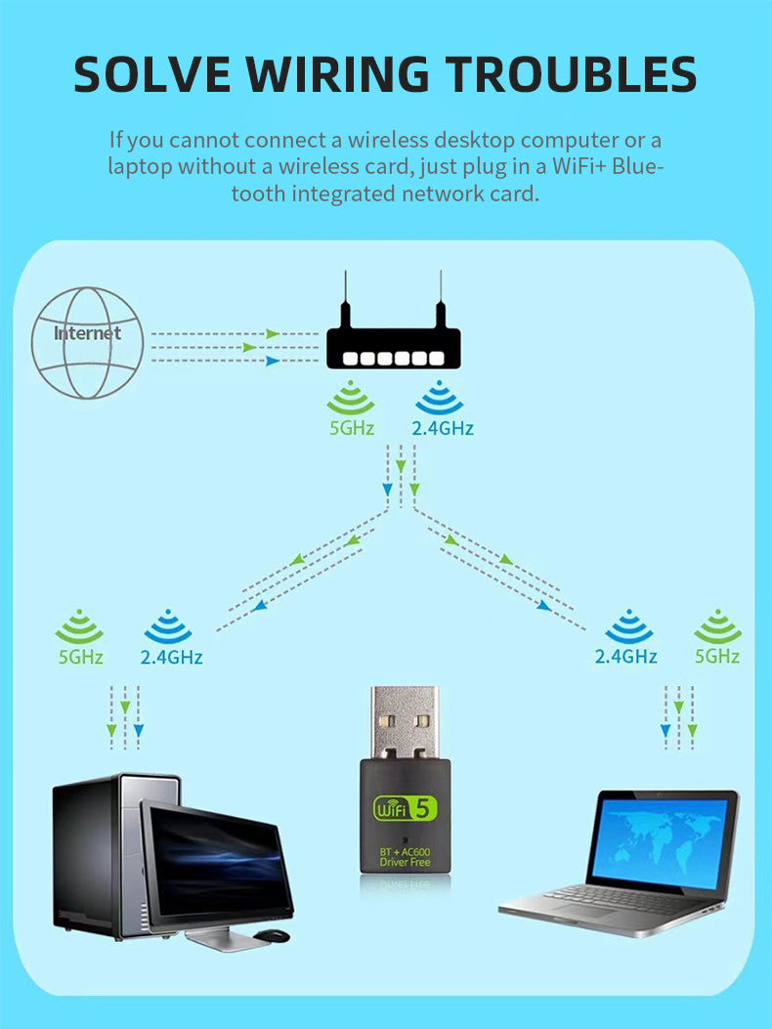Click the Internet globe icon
[88, 342]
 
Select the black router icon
[391, 348]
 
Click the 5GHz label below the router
[352, 428]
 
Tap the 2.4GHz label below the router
[443, 428]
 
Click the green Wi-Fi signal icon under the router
[351, 401]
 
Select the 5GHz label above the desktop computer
[80, 657]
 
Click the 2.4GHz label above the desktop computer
[171, 657]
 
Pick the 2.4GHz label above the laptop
[625, 657]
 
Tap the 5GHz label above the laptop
[717, 657]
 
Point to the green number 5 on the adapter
[425, 808]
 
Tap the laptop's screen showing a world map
[663, 839]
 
